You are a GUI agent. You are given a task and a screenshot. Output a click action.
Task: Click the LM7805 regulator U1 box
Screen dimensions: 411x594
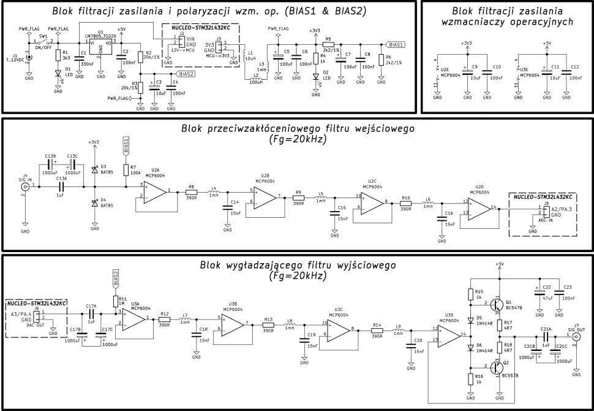(x=100, y=47)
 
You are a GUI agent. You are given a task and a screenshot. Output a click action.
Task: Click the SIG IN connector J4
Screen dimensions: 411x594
(x=25, y=186)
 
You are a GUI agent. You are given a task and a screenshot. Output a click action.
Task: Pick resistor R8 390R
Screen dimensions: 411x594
(x=191, y=192)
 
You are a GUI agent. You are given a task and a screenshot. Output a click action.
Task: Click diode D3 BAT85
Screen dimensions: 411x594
(x=94, y=169)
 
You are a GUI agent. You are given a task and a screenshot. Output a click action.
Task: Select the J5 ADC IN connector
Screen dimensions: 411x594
(x=546, y=210)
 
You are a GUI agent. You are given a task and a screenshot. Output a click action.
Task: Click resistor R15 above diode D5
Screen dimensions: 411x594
(x=470, y=294)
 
